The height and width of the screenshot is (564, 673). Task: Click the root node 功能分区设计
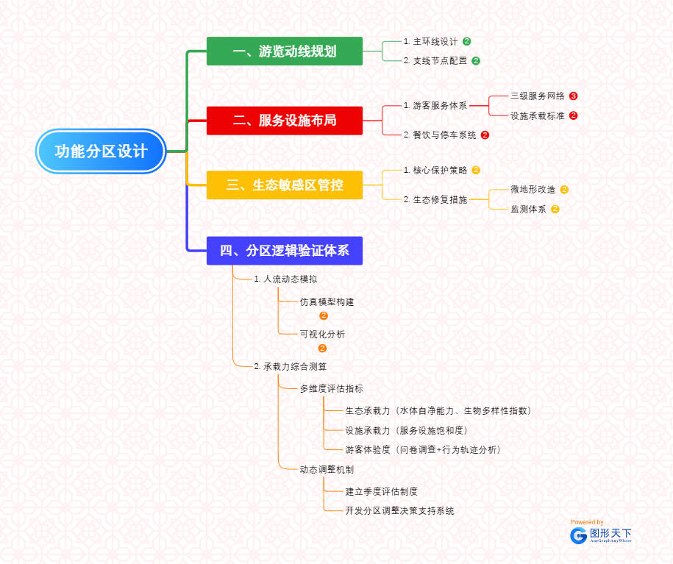coord(102,151)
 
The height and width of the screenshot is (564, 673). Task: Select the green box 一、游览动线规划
coord(285,51)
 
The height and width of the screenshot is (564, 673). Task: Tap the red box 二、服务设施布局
coord(285,121)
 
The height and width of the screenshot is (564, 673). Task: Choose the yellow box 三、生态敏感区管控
coord(285,185)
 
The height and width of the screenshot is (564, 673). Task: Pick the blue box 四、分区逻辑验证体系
coord(285,251)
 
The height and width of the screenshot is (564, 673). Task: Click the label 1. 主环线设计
coord(430,42)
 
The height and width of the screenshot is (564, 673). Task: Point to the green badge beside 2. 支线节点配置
coord(476,61)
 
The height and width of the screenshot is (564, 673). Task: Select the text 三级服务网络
coord(538,96)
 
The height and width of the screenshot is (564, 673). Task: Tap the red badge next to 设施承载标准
coord(574,115)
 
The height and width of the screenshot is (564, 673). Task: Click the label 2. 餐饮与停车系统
coord(440,135)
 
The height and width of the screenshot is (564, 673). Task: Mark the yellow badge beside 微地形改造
coord(565,190)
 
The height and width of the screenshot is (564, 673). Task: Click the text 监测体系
coord(528,210)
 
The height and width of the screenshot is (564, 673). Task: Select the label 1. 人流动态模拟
coord(285,279)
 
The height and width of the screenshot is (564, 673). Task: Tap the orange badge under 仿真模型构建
coord(324,315)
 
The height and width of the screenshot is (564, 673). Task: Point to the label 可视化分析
coord(322,335)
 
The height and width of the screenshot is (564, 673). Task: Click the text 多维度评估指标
coord(331,389)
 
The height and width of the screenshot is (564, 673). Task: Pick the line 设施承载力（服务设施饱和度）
coord(406,430)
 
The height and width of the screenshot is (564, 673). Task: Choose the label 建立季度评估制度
coord(381,491)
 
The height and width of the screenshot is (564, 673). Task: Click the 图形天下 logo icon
coord(579,535)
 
